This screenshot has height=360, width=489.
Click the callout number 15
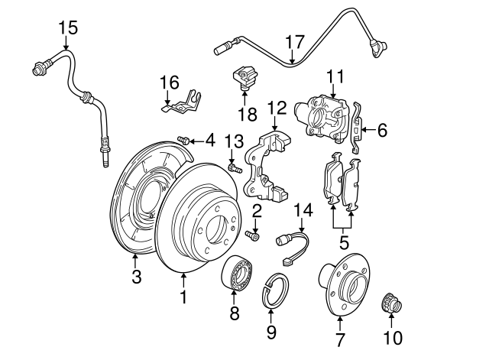point(68,28)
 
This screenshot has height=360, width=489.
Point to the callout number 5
point(344,243)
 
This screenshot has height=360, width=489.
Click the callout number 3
point(137,277)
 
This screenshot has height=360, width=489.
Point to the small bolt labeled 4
point(184,139)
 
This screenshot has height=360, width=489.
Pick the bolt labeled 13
point(233,167)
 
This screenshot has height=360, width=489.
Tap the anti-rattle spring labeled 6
point(356,131)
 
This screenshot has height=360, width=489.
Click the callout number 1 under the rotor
point(183,295)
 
